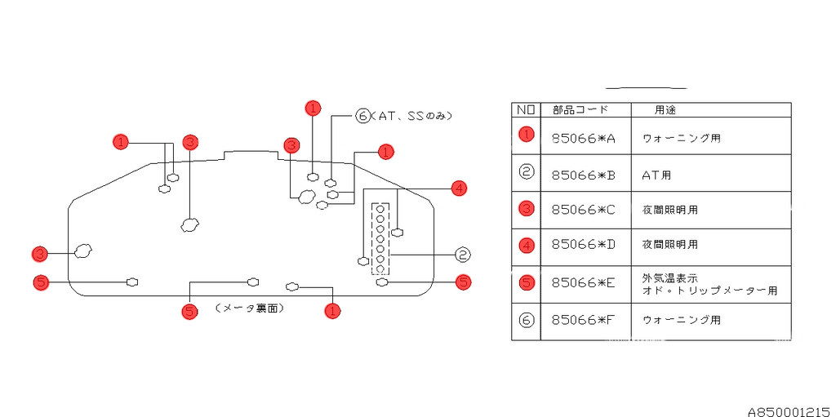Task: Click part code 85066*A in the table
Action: click(583, 139)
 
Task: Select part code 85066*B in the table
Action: click(583, 175)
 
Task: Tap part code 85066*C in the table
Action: click(583, 210)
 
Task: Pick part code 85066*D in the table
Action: click(583, 244)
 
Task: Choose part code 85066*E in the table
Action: click(583, 282)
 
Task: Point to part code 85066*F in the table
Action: click(583, 321)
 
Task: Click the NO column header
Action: click(526, 109)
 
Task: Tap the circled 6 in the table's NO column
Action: click(527, 320)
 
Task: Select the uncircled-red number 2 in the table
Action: click(527, 171)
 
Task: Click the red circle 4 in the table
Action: click(527, 243)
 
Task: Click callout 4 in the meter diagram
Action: click(459, 189)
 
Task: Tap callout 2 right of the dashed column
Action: click(462, 255)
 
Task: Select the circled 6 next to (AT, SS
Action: click(363, 116)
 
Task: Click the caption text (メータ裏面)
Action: click(250, 308)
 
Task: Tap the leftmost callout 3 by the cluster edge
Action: click(39, 253)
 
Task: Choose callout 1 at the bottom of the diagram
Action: click(332, 310)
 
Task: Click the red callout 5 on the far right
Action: click(463, 282)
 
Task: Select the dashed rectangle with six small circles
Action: click(380, 238)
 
